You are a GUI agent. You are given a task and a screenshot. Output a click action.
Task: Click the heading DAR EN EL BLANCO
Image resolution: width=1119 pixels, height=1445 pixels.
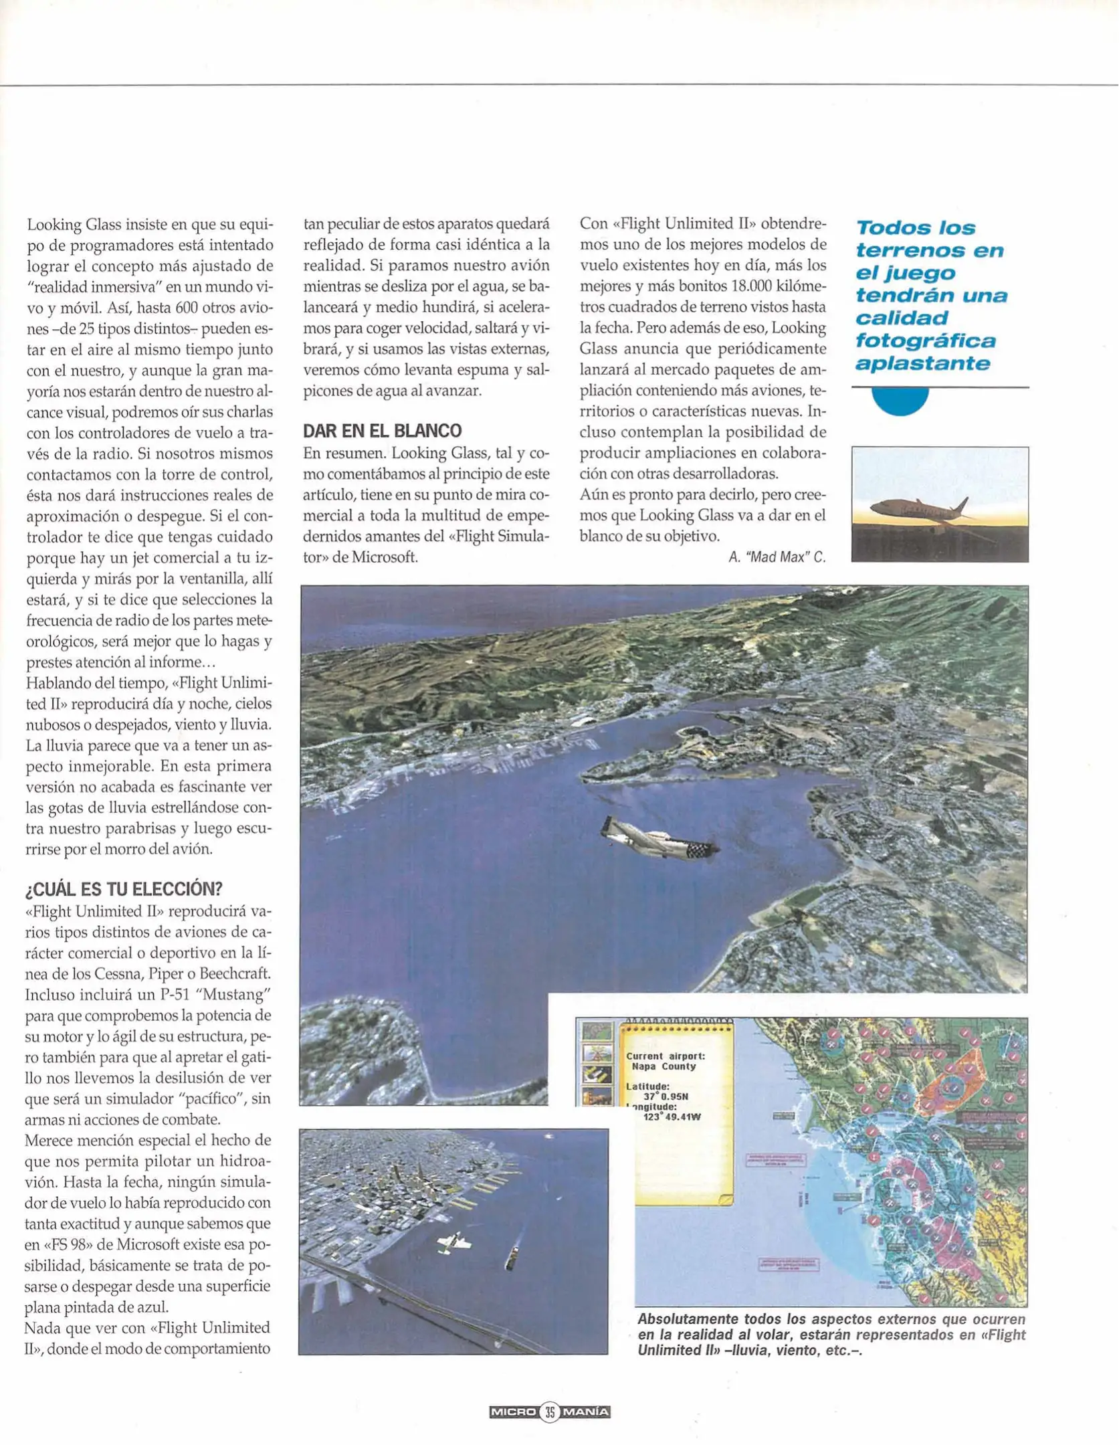(382, 431)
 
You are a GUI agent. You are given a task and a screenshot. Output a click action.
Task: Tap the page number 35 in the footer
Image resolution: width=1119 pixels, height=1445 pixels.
(549, 1412)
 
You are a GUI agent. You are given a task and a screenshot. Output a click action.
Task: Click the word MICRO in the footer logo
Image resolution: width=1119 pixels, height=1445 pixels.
(513, 1412)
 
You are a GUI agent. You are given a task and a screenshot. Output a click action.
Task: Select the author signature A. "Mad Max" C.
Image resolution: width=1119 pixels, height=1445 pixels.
(777, 557)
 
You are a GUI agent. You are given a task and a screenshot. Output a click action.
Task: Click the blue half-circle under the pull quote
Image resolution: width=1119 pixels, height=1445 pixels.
(900, 401)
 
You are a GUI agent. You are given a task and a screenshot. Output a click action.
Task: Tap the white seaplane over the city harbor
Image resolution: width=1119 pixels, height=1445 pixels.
(453, 1244)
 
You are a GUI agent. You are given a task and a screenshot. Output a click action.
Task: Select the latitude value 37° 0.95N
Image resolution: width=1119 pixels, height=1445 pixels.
(666, 1096)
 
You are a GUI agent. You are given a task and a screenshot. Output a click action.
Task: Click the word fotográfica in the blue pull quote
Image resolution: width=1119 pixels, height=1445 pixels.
(925, 341)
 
